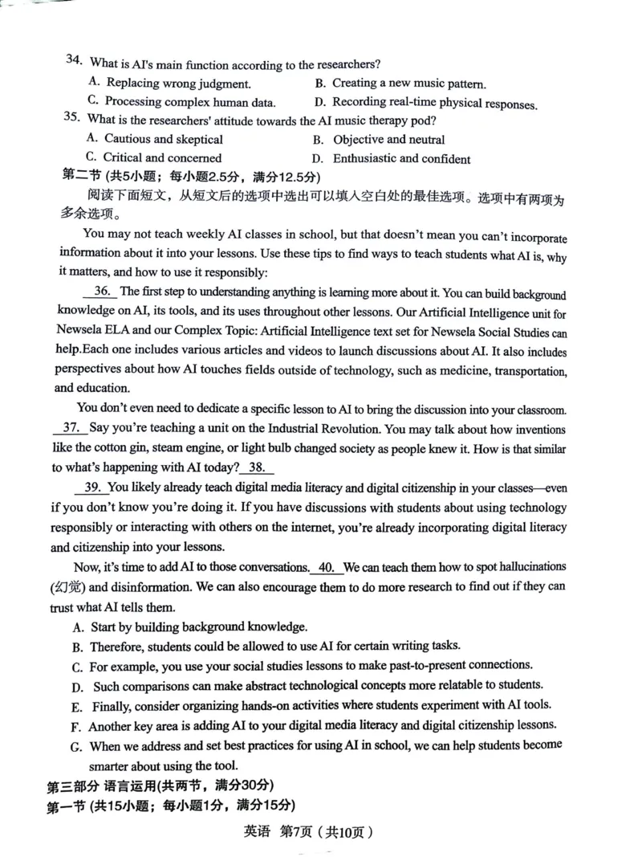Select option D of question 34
pos(425,103)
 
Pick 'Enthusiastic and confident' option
pos(392,159)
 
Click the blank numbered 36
pos(102,292)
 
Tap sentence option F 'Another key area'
pos(312,725)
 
